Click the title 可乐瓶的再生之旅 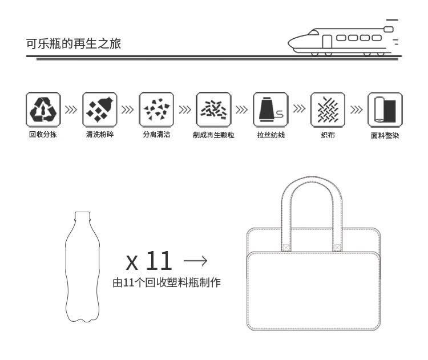(x=74, y=44)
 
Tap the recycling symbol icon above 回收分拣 (x=43, y=110)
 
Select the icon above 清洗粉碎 (x=100, y=110)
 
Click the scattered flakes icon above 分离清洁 (x=156, y=110)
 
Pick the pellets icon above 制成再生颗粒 (x=213, y=110)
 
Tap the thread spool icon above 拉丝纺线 (x=270, y=110)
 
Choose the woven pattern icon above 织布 (x=328, y=110)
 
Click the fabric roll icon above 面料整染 (x=385, y=110)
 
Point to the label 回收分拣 (x=43, y=134)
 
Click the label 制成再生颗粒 (x=213, y=135)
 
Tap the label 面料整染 (x=385, y=135)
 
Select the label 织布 (x=328, y=135)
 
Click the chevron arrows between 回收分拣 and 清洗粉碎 (x=71, y=110)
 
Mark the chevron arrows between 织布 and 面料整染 (x=356, y=110)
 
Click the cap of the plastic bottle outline (x=82, y=215)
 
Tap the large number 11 (x=159, y=261)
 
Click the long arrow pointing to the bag (x=195, y=261)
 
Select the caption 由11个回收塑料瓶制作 (x=167, y=282)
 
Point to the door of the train (x=327, y=42)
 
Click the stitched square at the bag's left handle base (x=286, y=248)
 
